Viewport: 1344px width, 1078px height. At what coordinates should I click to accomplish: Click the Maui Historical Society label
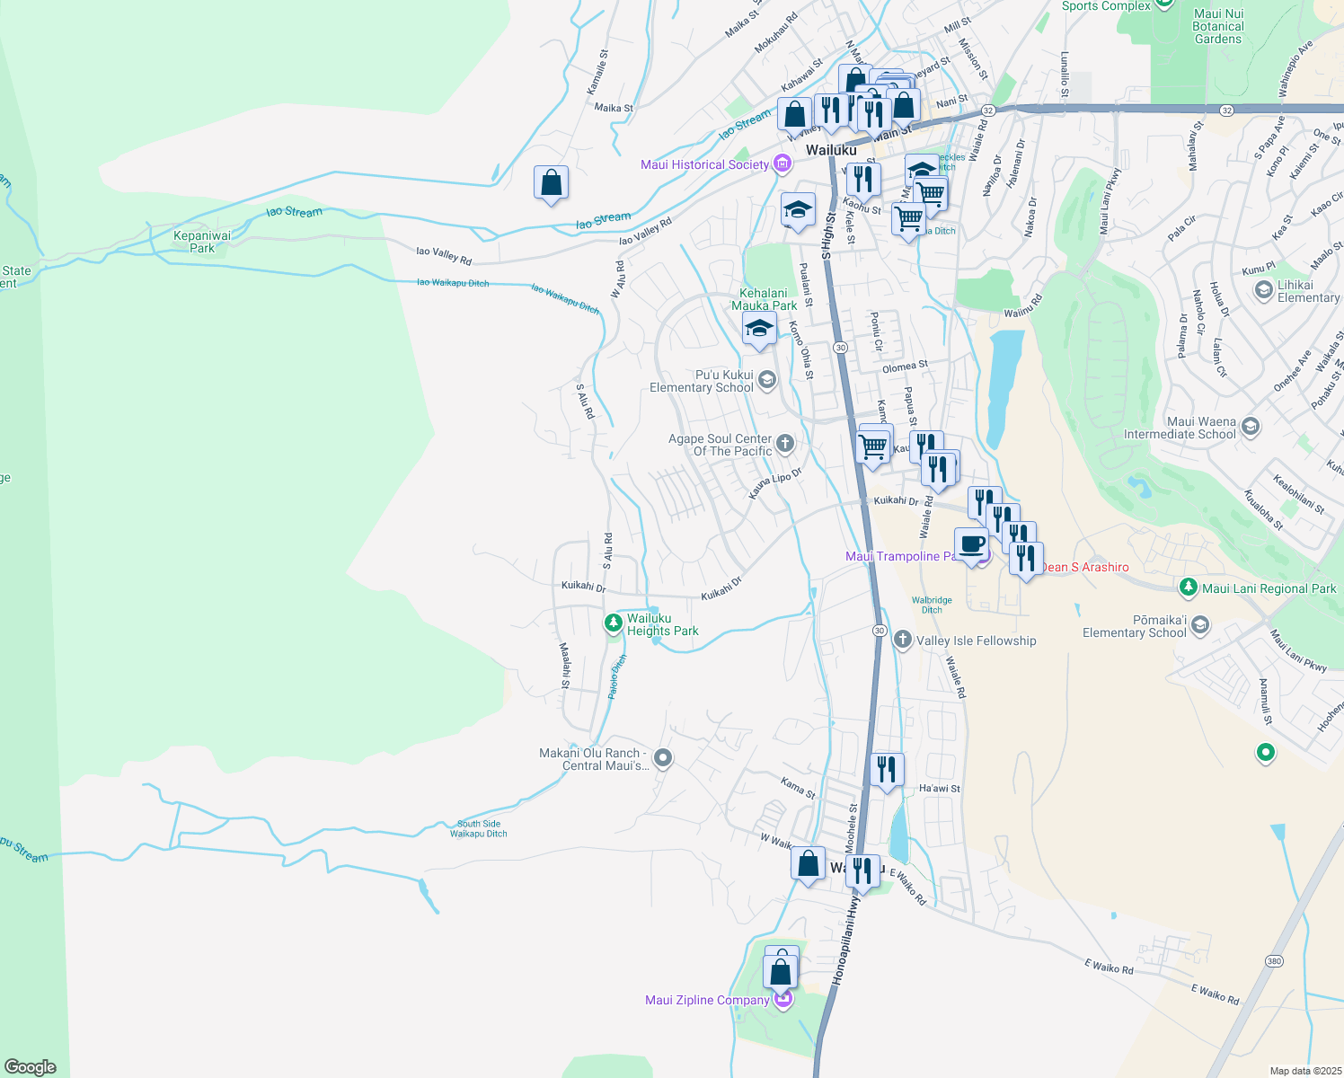click(x=704, y=164)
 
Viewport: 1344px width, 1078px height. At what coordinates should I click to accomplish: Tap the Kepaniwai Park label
click(x=202, y=242)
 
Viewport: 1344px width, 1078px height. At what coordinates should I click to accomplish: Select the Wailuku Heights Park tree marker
click(x=614, y=622)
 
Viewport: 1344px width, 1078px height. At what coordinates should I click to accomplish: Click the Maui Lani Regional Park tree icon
click(x=1189, y=588)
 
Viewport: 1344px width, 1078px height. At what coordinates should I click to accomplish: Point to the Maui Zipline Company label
click(x=707, y=1000)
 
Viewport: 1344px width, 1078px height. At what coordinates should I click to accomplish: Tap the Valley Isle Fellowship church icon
click(x=902, y=640)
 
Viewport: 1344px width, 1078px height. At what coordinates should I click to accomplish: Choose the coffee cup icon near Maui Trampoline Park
click(x=971, y=545)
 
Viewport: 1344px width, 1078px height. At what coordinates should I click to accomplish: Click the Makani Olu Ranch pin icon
click(x=663, y=759)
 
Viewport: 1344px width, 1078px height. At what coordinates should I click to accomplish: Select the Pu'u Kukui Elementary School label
click(x=702, y=381)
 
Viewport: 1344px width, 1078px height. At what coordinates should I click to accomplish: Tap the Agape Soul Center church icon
click(x=784, y=443)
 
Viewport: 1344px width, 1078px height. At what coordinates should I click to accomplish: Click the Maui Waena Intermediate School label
click(x=1180, y=428)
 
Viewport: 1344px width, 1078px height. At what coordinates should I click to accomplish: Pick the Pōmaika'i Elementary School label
click(x=1135, y=626)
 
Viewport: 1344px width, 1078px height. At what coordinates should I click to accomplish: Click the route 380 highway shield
click(x=1274, y=961)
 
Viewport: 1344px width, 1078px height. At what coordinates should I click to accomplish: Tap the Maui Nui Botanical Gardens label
click(x=1218, y=26)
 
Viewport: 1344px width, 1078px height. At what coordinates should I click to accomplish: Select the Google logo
click(x=30, y=1066)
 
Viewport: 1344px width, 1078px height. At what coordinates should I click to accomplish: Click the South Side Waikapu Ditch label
click(x=479, y=828)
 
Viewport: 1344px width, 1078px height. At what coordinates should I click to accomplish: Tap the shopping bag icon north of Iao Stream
click(x=551, y=182)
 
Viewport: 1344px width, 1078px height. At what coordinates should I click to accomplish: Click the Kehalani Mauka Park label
click(x=764, y=299)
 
